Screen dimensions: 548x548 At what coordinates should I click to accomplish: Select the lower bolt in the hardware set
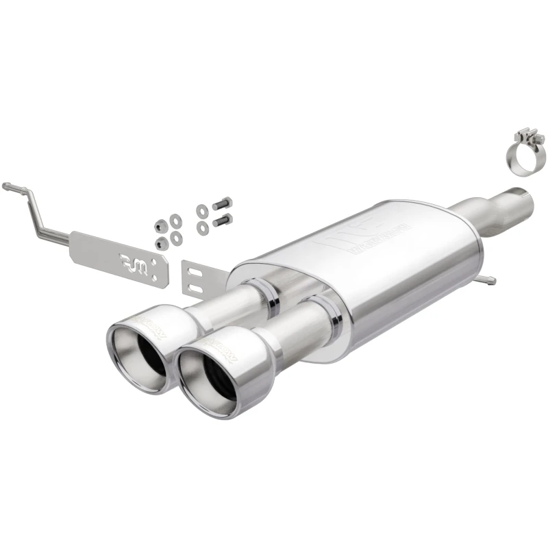pos(222,221)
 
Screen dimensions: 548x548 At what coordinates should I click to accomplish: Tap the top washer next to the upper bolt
pos(202,210)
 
